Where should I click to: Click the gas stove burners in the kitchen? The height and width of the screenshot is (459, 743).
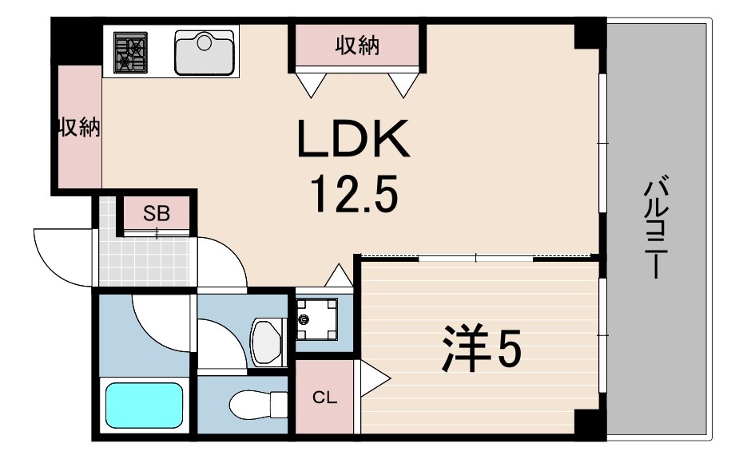[x=130, y=53]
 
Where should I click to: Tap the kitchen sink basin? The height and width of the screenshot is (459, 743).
[x=205, y=53]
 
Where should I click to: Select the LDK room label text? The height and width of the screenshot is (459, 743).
[x=353, y=139]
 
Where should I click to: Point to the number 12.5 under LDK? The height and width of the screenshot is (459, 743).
[x=353, y=193]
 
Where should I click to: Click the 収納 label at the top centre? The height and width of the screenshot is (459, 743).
[x=358, y=46]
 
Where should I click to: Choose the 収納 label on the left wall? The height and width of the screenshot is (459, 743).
[x=79, y=127]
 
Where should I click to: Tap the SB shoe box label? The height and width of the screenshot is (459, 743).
[x=157, y=214]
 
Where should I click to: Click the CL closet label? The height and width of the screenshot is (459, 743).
[x=324, y=398]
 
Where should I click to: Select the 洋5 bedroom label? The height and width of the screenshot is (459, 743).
[x=482, y=348]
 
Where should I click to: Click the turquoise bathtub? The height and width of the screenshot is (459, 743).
[x=144, y=406]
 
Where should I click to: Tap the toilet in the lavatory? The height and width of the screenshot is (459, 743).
[x=257, y=405]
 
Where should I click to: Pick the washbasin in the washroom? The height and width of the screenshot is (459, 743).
[x=268, y=342]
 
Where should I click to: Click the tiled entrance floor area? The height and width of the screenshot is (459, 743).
[x=145, y=260]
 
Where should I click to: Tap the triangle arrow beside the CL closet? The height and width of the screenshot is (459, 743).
[x=375, y=378]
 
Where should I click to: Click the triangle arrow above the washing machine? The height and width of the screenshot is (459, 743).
[x=338, y=275]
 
